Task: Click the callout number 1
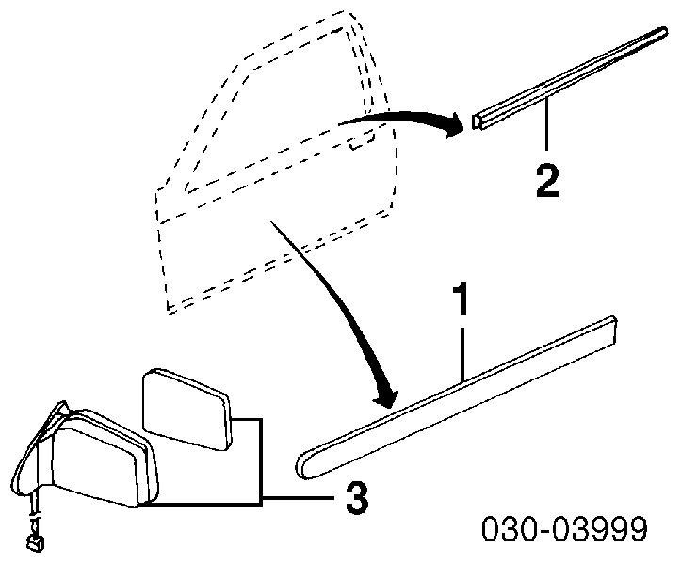coord(462,299)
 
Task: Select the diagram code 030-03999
coord(564,528)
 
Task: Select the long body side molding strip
coord(456,397)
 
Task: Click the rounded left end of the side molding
coord(305,466)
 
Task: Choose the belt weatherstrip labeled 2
coord(570,78)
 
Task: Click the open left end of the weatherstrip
coord(477,121)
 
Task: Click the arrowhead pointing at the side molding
coord(385,396)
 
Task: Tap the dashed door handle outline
coord(363,140)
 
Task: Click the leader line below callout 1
coord(463,355)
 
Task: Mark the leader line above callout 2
coord(547,123)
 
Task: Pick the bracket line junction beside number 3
coord(262,497)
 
